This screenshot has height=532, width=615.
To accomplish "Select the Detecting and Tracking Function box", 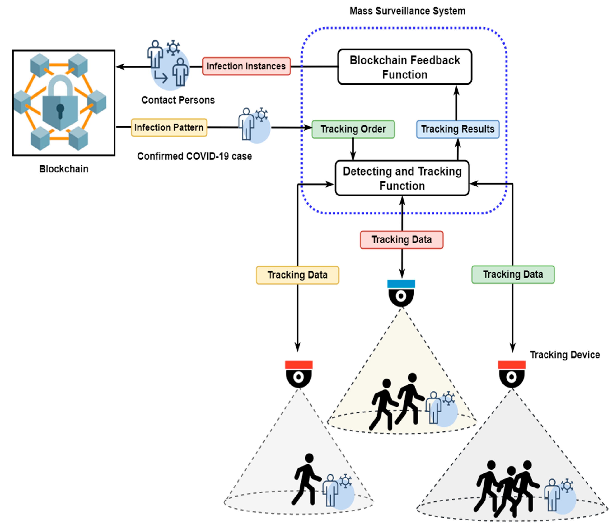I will [x=402, y=178].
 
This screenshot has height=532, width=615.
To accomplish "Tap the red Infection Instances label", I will [x=246, y=66].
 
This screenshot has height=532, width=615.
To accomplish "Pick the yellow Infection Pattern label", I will [x=169, y=128].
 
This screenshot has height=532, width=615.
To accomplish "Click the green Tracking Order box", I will [x=353, y=129].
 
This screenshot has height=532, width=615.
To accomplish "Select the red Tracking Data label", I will [x=401, y=240].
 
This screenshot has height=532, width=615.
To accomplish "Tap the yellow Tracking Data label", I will [x=297, y=275].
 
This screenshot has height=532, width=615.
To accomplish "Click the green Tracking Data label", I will [x=513, y=274].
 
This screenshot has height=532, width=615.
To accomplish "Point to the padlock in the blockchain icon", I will [x=60, y=104].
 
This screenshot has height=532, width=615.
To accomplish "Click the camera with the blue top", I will [x=401, y=293].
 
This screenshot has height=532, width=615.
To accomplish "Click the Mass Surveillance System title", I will [x=407, y=11].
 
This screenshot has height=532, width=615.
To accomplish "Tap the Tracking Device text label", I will [x=565, y=355].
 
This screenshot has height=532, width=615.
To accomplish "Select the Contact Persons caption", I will [x=178, y=100].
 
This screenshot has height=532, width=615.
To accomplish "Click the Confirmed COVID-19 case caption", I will [x=194, y=156].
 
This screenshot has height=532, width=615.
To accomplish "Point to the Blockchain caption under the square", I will [x=63, y=169].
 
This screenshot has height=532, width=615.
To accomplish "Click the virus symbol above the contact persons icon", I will [x=173, y=47].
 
